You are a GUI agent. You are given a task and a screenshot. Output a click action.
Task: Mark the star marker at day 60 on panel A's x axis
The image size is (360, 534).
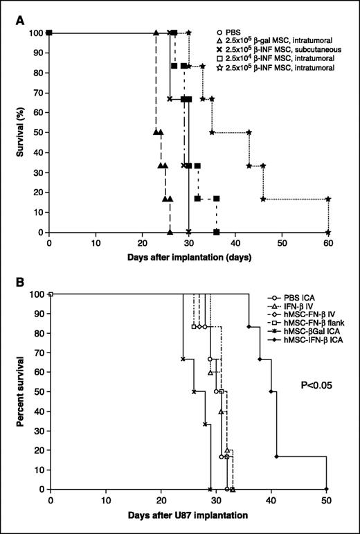(x=328, y=232)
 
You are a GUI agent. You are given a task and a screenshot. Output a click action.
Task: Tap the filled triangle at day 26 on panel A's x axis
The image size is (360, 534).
(x=170, y=232)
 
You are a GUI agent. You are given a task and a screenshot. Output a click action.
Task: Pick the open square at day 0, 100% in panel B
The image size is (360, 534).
(x=51, y=294)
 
